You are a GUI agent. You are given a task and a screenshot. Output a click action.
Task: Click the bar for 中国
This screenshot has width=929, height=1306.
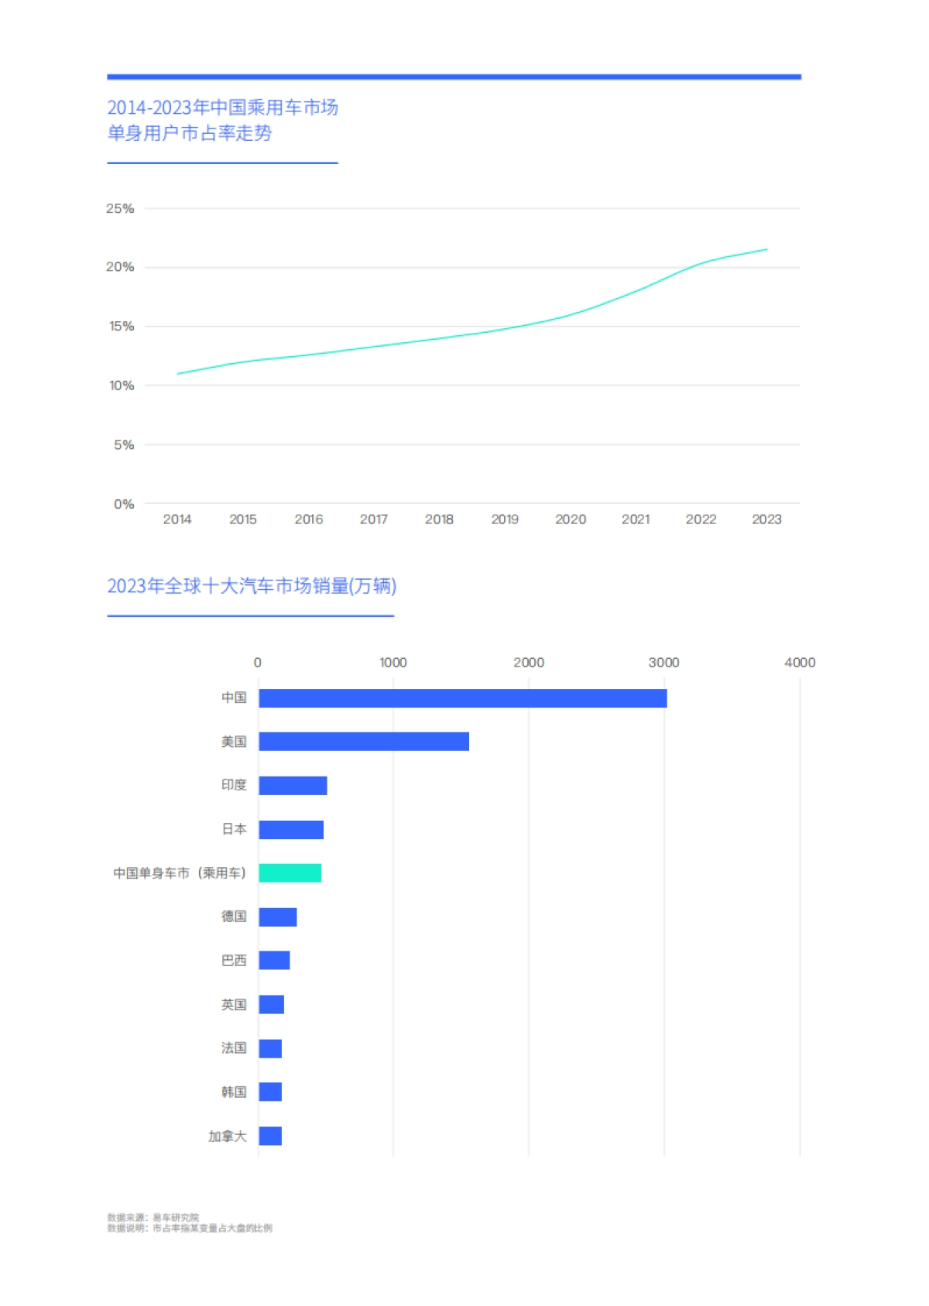[x=462, y=698]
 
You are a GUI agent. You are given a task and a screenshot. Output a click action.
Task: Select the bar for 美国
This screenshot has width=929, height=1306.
[x=363, y=742]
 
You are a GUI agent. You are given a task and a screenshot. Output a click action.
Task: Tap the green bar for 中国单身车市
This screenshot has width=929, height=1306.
[x=290, y=873]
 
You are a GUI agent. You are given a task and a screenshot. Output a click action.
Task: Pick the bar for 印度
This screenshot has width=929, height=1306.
[x=293, y=786]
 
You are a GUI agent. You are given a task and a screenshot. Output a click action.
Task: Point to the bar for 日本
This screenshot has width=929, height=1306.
[x=290, y=830]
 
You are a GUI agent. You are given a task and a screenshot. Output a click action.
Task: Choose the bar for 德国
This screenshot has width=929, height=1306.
[x=277, y=917]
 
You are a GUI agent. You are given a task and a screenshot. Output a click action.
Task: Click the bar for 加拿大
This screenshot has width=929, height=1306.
[x=270, y=1136]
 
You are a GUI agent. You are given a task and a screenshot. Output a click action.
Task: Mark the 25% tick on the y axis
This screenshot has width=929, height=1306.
[x=120, y=208]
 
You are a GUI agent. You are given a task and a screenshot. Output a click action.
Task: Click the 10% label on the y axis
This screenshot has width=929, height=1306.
[x=121, y=386]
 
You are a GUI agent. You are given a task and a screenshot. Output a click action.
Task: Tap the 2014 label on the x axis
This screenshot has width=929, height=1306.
[x=177, y=519]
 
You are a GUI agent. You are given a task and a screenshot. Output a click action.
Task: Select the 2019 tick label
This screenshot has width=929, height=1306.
[x=505, y=519]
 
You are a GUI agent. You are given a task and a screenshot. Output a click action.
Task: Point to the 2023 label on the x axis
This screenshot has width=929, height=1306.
[x=766, y=519]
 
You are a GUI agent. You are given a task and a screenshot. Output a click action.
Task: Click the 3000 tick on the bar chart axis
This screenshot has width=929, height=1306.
[x=663, y=663]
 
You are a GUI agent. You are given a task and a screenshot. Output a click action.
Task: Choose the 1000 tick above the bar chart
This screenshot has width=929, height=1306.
[x=393, y=663]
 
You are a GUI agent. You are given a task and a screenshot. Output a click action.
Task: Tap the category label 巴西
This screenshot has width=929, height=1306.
[x=234, y=961]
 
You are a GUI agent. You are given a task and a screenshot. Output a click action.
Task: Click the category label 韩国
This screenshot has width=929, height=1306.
[x=234, y=1092]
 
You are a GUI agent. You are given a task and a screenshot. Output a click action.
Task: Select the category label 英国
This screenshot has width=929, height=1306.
[x=234, y=1005]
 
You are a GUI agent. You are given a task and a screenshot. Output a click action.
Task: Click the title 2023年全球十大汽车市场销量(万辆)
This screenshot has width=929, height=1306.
[x=252, y=586]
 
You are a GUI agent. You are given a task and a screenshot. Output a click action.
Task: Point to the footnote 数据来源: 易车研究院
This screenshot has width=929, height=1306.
[x=153, y=1218]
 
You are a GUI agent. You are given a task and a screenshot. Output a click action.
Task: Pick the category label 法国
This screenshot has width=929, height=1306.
[x=234, y=1048]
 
